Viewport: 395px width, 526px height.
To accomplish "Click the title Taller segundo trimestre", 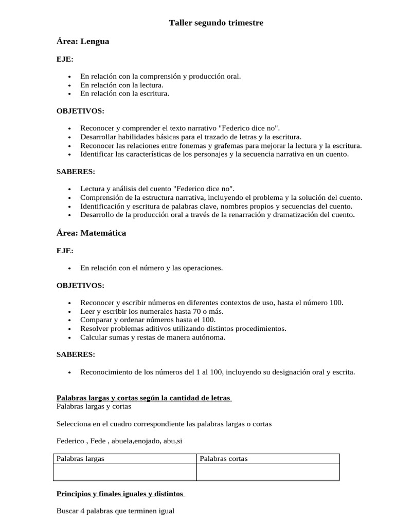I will coord(216,23).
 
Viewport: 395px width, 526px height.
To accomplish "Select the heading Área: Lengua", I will coord(83,42).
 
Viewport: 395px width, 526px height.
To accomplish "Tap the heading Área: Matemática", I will coord(91,233).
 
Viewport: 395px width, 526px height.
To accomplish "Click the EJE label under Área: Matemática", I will coord(65,251).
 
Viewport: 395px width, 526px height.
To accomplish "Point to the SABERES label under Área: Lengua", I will coord(76,172).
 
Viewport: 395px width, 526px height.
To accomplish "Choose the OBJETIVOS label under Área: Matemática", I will coord(80,286).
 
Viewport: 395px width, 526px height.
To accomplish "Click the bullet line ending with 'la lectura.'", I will coord(122,85).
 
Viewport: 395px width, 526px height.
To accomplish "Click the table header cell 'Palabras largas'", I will coord(80,459).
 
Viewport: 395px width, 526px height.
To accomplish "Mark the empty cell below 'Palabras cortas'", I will coord(267,472).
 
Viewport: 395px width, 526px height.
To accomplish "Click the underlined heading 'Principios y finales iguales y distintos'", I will coord(120,494).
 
